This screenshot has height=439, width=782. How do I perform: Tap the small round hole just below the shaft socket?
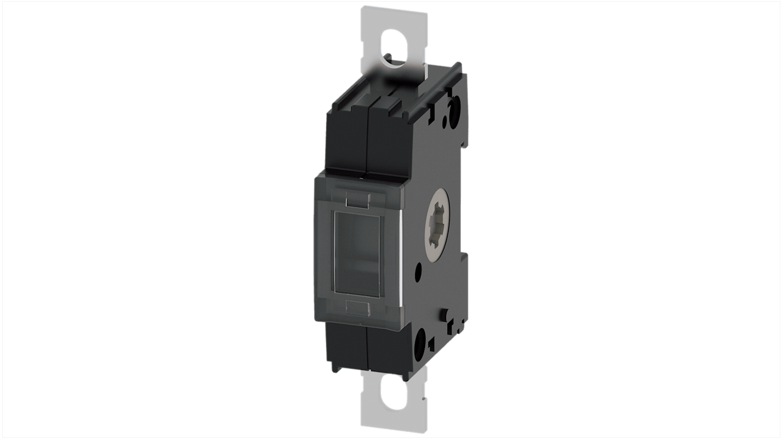click(x=419, y=270)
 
